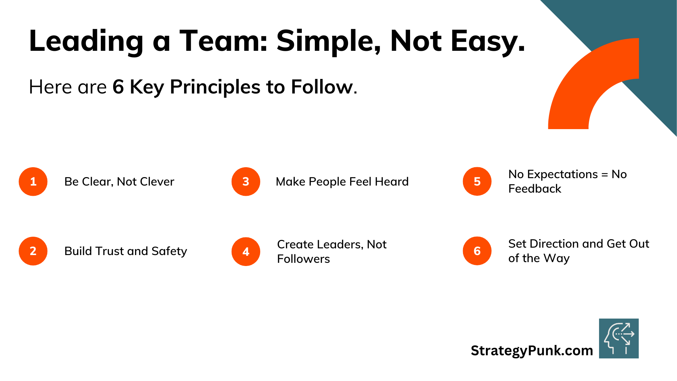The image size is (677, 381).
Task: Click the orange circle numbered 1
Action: pos(33,181)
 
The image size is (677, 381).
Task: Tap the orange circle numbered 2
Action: pos(33,251)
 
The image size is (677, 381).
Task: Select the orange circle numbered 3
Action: pos(246,181)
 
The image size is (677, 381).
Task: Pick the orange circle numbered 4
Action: pos(246,252)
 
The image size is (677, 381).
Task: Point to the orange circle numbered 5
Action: pos(477,181)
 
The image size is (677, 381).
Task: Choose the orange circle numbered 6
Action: pos(477,251)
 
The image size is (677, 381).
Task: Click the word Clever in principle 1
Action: pos(157,181)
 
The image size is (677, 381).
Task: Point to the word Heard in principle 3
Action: pos(391,181)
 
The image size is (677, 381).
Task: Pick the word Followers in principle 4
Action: pos(304,259)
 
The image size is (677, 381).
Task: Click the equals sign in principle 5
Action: pos(605,174)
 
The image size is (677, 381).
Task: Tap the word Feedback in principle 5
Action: pos(535,189)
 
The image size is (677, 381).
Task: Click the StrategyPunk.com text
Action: pos(532,350)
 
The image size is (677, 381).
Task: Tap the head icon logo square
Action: pos(619,338)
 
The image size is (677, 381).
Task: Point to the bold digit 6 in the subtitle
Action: pos(118,87)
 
